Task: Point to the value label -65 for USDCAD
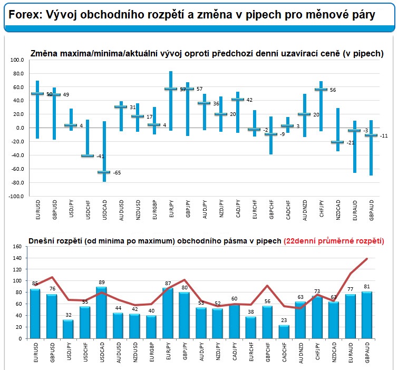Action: point(117,173)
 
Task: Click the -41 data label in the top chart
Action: point(100,157)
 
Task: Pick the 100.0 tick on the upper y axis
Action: point(18,60)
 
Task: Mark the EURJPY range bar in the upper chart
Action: point(171,100)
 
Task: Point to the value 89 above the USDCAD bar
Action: point(101,283)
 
